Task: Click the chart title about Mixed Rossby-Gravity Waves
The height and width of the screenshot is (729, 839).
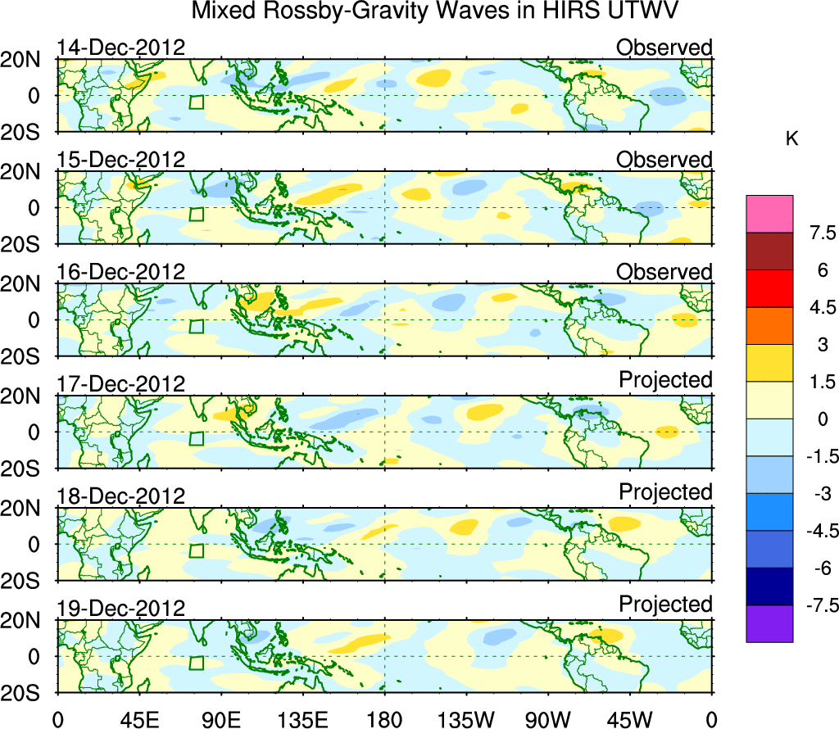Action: pos(435,11)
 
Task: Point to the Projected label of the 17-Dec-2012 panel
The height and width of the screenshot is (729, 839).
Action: pos(665,380)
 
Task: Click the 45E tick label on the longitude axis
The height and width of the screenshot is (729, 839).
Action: pos(138,719)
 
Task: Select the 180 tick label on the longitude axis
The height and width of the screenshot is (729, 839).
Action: pos(384,719)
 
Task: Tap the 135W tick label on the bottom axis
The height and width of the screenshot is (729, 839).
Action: pos(466,719)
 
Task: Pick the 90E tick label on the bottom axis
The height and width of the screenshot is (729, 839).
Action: pos(220,719)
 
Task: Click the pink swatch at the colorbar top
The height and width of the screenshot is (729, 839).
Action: pos(769,214)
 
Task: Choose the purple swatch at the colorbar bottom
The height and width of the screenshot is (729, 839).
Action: pos(769,623)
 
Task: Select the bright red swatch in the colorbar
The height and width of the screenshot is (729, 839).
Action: pos(769,288)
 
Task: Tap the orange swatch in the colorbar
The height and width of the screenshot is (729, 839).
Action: pos(769,326)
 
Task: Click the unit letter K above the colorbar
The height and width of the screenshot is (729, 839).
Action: pos(791,139)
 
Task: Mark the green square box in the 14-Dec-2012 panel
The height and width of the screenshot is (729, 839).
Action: pos(196,102)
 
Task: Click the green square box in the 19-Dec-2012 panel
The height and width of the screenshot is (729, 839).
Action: pos(196,663)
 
